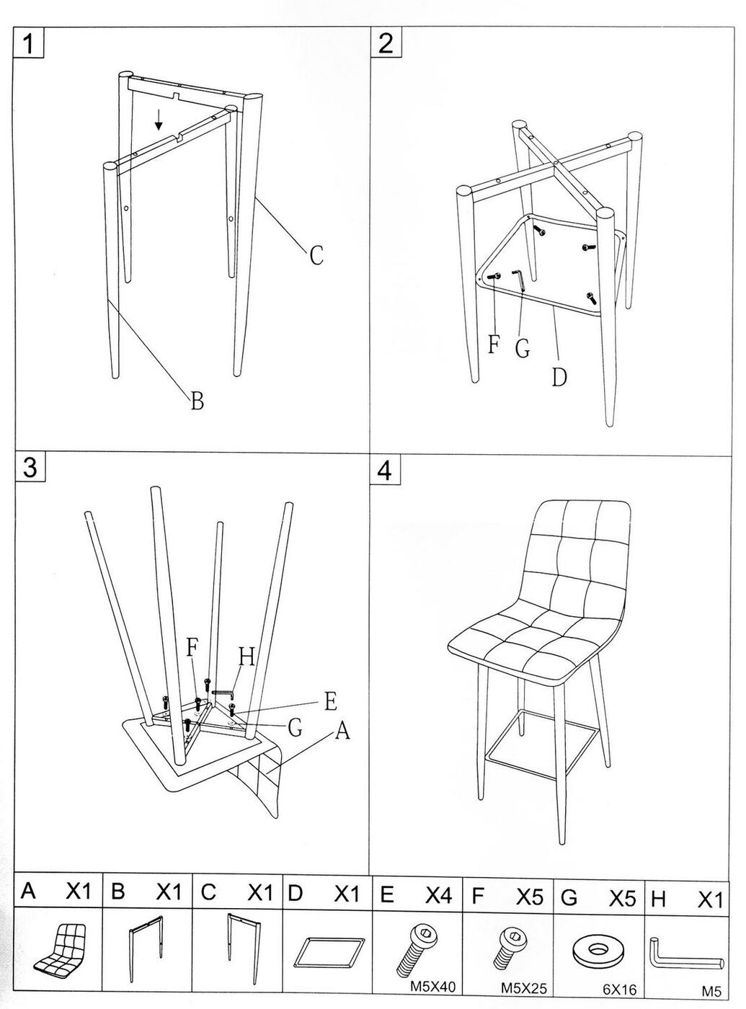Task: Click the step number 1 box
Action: pos(29,43)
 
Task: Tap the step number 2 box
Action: pos(386,43)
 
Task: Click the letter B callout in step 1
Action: pos(197,400)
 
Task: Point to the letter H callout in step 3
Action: pos(247,657)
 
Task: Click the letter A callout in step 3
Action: pos(342,732)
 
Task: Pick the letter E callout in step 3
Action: pos(331,701)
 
